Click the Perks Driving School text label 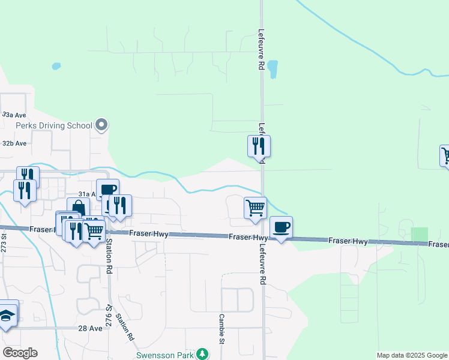coord(54,126)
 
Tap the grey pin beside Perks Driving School coord(101,126)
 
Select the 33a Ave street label coord(14,114)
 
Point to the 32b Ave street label coord(14,144)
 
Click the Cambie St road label coord(221,337)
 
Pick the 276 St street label coord(109,313)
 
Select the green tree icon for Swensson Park coord(204,355)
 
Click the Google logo coord(20,353)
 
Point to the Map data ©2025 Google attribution coord(412,355)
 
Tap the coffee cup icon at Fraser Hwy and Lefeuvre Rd coord(281,227)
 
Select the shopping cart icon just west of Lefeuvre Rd coord(255,208)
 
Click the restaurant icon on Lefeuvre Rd coord(259,146)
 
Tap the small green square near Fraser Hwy coord(420,235)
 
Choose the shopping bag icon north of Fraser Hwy coord(78,208)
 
